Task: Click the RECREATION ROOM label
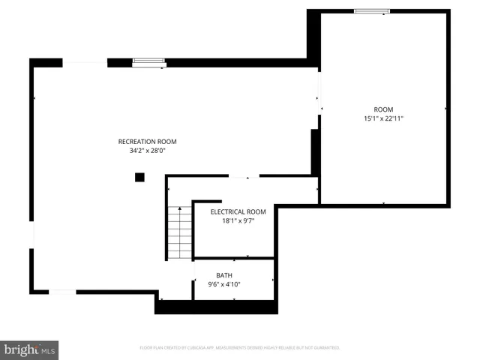[x=147, y=141]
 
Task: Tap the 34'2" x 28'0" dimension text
[x=147, y=151]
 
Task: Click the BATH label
[x=224, y=275]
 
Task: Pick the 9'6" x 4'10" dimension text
[x=224, y=285]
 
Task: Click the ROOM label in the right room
[x=383, y=109]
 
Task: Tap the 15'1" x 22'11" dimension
[x=383, y=118]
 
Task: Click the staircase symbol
[x=179, y=232]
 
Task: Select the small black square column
[x=139, y=178]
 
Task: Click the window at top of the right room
[x=372, y=10]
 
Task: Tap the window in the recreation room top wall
[x=148, y=62]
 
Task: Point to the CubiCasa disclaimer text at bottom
[x=240, y=348]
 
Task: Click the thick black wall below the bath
[x=217, y=307]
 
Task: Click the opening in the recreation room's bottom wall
[x=62, y=292]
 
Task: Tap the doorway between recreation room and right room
[x=319, y=94]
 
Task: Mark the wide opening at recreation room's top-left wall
[x=84, y=62]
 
